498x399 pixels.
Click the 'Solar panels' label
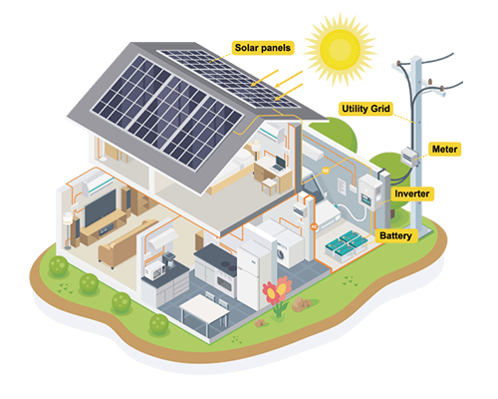pos(263,48)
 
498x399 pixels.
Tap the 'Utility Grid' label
pos(366,109)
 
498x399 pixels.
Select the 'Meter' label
pos(444,150)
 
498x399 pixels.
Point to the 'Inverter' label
pos(412,194)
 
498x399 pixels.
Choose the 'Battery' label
pos(395,235)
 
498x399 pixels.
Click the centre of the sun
pos(340,49)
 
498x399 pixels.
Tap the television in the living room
pos(100,207)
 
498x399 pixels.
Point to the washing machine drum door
pos(281,254)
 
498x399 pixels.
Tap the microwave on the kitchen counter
pos(153,270)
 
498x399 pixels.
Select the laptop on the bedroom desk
pos(279,164)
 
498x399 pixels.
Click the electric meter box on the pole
pos(409,156)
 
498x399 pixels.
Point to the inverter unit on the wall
pos(371,193)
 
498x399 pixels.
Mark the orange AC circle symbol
pos(314,227)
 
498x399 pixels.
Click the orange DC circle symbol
pos(326,171)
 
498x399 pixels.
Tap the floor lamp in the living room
pos(68,230)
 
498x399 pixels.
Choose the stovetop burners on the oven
pos(227,265)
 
